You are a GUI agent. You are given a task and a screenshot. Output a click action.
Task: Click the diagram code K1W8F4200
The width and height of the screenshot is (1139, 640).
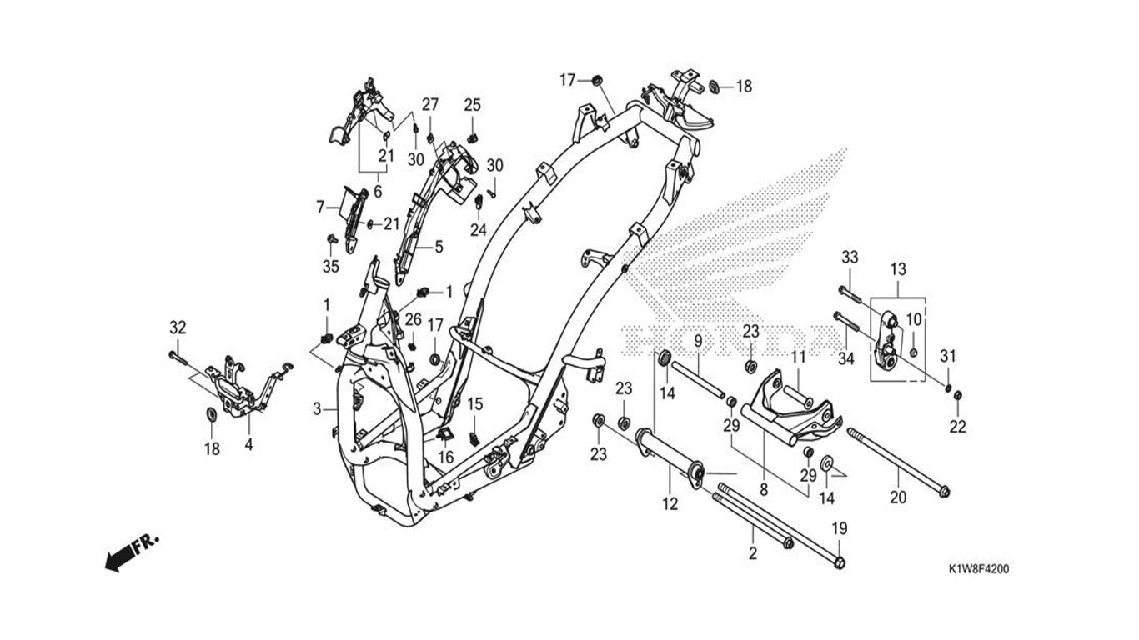(x=979, y=569)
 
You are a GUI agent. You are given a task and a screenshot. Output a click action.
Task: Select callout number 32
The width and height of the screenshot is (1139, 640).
(x=178, y=327)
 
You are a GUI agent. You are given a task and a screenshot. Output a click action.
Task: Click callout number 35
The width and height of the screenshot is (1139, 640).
(x=330, y=266)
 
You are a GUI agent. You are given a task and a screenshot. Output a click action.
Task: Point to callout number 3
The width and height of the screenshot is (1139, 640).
(x=317, y=408)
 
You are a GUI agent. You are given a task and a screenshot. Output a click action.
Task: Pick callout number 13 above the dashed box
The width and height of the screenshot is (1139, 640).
(x=899, y=269)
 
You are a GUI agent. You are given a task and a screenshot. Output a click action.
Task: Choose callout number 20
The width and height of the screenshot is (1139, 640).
(x=898, y=497)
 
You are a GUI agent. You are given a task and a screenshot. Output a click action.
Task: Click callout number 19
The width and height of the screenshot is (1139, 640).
(x=840, y=528)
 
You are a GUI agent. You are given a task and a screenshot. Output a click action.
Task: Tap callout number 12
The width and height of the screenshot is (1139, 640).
(x=670, y=504)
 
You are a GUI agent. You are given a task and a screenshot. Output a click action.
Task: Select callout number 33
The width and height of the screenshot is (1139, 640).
(x=850, y=257)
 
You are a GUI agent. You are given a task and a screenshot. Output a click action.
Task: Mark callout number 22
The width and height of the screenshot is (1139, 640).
(x=957, y=427)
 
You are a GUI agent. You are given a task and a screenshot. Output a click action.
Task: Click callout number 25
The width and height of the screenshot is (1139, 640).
(x=473, y=105)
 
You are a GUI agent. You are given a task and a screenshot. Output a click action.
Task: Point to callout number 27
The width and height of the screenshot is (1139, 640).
(x=429, y=105)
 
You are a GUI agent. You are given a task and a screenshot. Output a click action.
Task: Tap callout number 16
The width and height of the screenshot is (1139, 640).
(x=446, y=457)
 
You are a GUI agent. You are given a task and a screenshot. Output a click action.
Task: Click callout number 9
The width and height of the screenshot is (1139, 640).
(x=698, y=341)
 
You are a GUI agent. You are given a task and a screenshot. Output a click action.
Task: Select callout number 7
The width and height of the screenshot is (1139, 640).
(x=320, y=207)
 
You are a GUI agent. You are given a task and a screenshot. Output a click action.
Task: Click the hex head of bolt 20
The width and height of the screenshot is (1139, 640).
(x=944, y=492)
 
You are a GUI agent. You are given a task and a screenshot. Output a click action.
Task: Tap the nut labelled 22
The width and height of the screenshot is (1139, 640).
(x=957, y=395)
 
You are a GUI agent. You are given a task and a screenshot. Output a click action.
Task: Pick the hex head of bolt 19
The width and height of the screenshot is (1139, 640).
(x=840, y=562)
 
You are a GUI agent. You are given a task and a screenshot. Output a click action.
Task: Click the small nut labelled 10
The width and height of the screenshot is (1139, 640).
(x=914, y=352)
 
